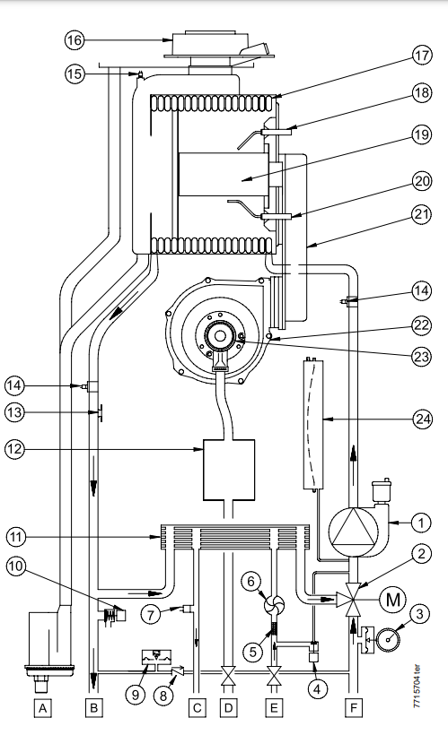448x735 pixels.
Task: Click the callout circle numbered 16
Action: point(75,40)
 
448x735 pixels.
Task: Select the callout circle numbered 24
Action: point(422,418)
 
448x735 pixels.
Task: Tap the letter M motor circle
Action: point(392,600)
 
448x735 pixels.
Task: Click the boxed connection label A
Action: point(43,708)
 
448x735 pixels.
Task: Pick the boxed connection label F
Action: point(353,708)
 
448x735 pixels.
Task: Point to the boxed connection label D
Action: point(228,708)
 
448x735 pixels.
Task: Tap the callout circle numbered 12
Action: point(15,449)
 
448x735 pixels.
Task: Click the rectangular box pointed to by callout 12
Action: point(229,470)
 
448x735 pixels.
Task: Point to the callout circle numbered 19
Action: point(422,135)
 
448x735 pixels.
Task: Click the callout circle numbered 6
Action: point(251,583)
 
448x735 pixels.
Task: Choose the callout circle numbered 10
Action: point(15,566)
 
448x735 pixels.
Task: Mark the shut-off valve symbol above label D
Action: point(228,678)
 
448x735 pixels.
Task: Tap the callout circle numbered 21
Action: point(422,214)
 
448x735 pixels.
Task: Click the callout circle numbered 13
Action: point(15,412)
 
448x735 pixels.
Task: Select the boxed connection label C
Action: point(198,708)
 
